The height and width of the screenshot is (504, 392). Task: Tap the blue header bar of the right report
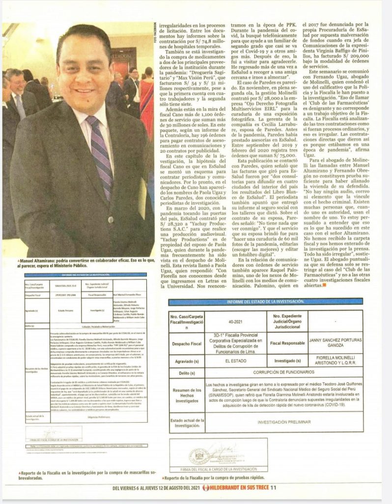266,301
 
